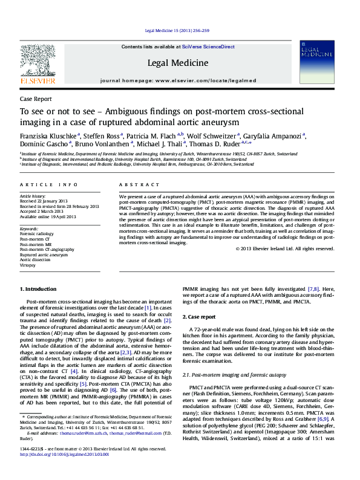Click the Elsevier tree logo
(x=38, y=62)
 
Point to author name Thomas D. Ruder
(x=215, y=144)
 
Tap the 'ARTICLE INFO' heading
(x=48, y=184)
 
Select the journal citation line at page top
(x=180, y=31)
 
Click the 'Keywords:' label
(x=29, y=229)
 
